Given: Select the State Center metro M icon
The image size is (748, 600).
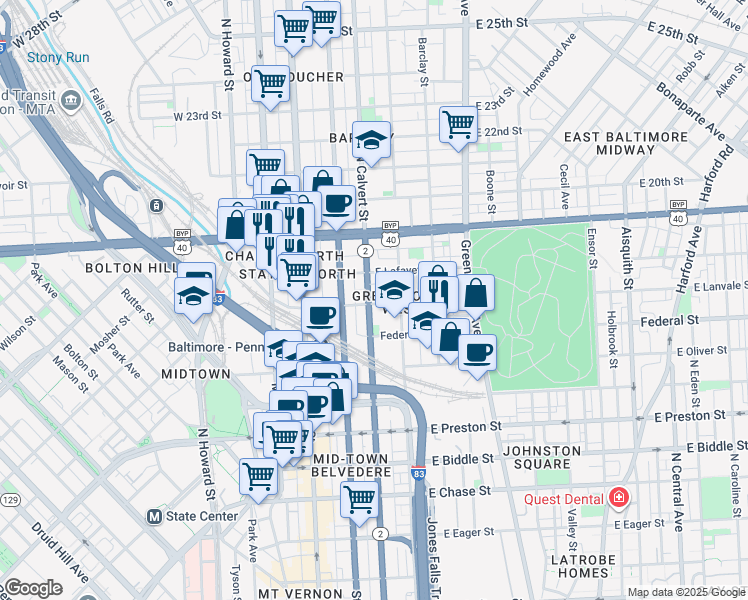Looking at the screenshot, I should click(x=154, y=517).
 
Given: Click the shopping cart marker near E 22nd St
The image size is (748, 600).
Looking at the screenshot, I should click(x=458, y=125).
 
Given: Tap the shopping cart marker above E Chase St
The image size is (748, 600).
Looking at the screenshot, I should click(x=359, y=497).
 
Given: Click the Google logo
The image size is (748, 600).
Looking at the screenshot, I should click(x=32, y=588).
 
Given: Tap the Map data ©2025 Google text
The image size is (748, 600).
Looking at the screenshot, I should click(x=685, y=592).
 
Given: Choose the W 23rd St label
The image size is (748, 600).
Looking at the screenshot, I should click(x=196, y=116).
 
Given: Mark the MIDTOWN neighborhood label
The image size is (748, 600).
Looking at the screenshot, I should click(x=196, y=373).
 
